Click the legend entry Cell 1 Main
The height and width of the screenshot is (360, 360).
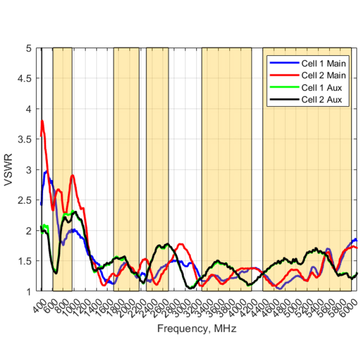[323, 63]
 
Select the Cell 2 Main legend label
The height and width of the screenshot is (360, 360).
[323, 76]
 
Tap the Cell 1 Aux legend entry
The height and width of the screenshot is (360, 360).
[321, 88]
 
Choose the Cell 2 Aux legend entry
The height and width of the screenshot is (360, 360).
[321, 100]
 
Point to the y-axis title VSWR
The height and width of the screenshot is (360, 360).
[9, 170]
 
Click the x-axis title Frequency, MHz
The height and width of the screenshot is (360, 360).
[197, 328]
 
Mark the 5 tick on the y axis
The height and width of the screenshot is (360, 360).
[29, 48]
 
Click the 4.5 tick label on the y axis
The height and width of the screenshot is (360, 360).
[25, 79]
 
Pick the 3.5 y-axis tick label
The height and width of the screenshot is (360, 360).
[25, 139]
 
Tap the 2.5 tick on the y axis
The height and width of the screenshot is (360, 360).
[25, 200]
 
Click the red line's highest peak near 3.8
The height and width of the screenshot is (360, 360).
[42, 121]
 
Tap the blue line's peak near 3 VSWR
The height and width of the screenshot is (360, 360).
[46, 171]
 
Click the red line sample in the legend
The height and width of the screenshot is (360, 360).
[284, 76]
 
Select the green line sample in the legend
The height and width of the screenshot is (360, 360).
[284, 88]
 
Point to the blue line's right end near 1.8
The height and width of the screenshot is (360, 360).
[356, 240]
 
